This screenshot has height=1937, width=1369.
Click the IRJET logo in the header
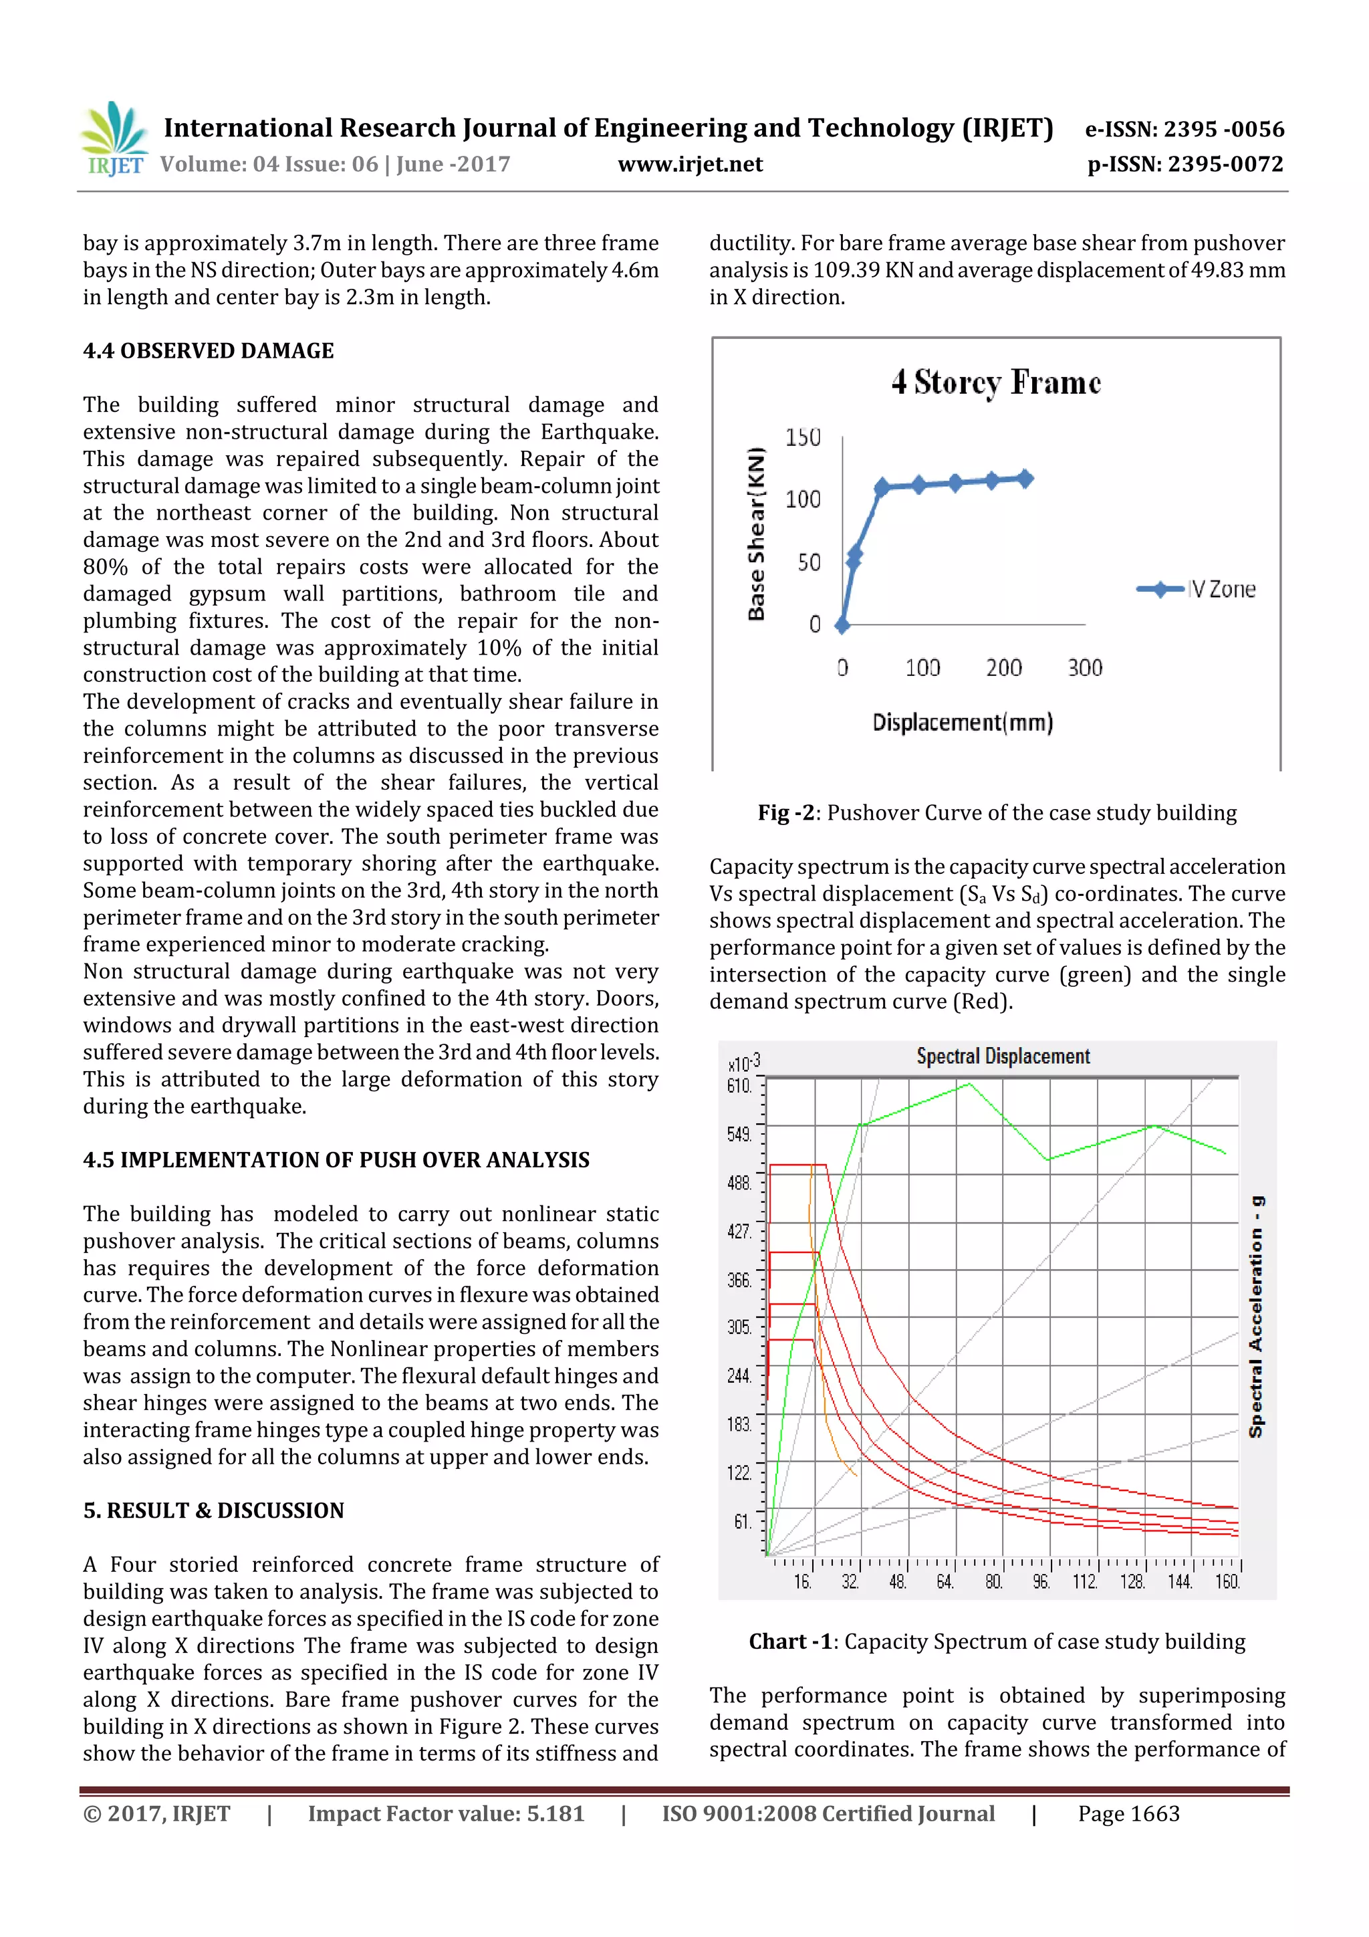click(x=113, y=139)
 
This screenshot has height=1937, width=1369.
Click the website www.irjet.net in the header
click(x=690, y=164)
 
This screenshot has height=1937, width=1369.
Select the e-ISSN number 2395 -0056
click(x=1185, y=129)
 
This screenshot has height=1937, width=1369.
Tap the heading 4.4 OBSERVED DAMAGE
click(x=209, y=351)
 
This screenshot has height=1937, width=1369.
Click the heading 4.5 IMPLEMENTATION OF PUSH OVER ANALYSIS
click(x=336, y=1160)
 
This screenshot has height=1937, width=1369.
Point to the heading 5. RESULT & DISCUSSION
click(x=213, y=1510)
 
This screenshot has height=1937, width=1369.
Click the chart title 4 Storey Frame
click(x=996, y=382)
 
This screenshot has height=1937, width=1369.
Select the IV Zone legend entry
click(x=1197, y=590)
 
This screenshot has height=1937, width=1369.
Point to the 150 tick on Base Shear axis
click(x=802, y=437)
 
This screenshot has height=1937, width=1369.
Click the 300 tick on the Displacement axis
click(x=1085, y=668)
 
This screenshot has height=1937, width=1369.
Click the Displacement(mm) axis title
click(x=963, y=723)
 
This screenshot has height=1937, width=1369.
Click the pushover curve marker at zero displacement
click(x=842, y=625)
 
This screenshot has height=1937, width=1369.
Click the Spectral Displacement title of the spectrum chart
click(x=1003, y=1056)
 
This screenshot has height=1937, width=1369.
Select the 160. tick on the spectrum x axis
click(x=1227, y=1582)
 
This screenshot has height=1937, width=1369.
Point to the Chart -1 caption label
click(x=790, y=1641)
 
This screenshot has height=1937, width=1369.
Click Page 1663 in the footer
click(x=1128, y=1814)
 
